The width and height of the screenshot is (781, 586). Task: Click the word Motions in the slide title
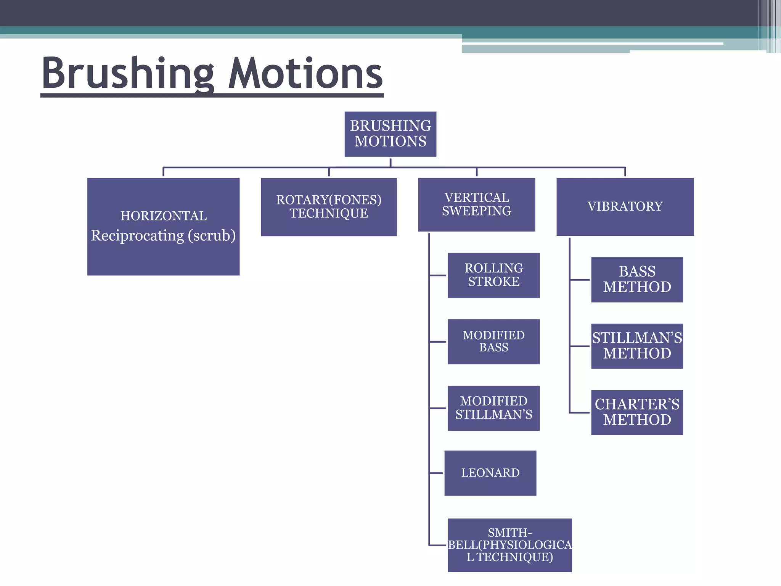(x=305, y=73)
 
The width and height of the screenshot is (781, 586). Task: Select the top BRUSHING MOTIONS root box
(x=390, y=134)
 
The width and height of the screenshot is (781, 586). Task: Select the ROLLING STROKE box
(x=493, y=275)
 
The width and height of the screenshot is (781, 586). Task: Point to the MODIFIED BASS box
(x=493, y=341)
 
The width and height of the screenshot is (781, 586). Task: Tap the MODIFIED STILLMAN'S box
(x=493, y=408)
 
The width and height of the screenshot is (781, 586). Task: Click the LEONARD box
(x=490, y=473)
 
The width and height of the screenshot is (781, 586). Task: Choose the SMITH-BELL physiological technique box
(x=509, y=545)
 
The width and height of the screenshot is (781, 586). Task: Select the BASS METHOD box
(x=637, y=279)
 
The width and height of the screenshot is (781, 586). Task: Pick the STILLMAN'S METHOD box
(x=637, y=346)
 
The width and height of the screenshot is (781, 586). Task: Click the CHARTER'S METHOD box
(x=637, y=412)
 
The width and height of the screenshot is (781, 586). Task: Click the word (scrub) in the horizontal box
(x=212, y=236)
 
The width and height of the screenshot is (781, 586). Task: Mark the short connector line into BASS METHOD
(x=580, y=280)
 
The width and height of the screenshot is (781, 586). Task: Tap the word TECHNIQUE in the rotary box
(x=329, y=213)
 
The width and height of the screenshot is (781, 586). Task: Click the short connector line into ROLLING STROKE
(x=438, y=275)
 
